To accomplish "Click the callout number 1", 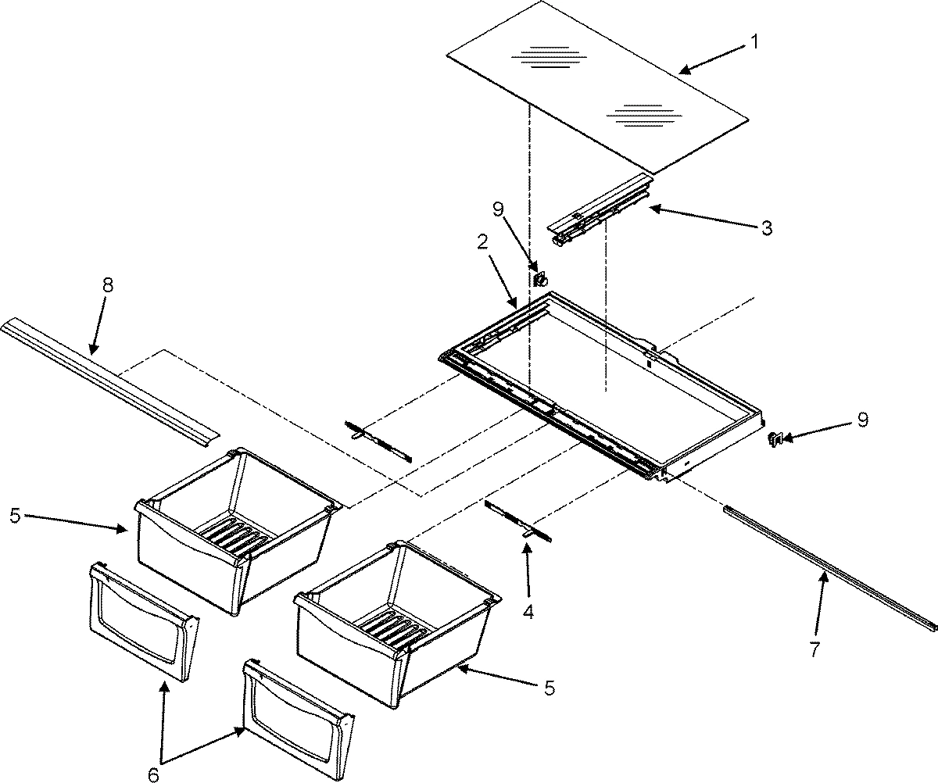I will pyautogui.click(x=754, y=43).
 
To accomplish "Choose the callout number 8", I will pyautogui.click(x=107, y=285).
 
